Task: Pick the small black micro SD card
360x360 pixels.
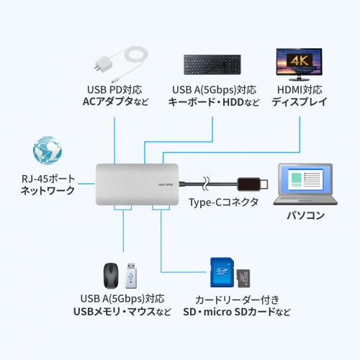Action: [x=243, y=278]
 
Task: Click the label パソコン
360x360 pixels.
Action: [x=306, y=215]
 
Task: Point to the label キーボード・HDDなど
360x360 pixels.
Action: [x=214, y=102]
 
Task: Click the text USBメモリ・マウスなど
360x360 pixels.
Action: [x=122, y=311]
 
